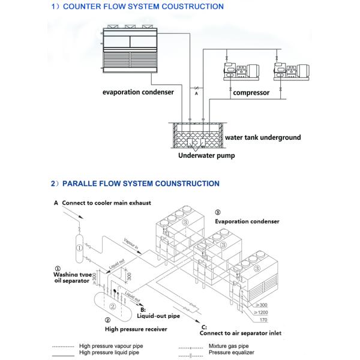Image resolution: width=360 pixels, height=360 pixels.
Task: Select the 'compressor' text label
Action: point(251,93)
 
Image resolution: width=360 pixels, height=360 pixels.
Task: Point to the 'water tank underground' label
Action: point(263,137)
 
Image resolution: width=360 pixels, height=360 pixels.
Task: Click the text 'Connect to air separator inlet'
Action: point(239,333)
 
